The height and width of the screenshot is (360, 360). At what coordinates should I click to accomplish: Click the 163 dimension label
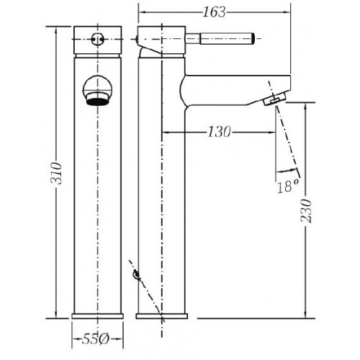click(215, 12)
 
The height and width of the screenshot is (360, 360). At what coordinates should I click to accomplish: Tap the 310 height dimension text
click(56, 173)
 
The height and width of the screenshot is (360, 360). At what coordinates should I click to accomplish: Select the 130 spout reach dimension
click(219, 132)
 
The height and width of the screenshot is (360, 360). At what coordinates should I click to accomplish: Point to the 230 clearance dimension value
click(306, 210)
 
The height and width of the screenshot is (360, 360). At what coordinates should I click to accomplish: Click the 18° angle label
click(288, 186)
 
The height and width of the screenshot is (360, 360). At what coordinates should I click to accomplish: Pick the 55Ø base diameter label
click(96, 339)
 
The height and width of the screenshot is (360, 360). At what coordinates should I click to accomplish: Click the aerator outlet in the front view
click(98, 99)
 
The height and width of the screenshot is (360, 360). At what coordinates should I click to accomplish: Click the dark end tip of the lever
click(253, 39)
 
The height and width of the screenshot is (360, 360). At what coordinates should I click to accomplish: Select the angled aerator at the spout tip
click(275, 99)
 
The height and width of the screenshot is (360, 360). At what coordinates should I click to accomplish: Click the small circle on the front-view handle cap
click(98, 39)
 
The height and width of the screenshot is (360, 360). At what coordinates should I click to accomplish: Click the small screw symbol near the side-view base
click(137, 275)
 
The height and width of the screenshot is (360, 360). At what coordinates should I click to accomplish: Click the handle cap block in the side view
click(161, 40)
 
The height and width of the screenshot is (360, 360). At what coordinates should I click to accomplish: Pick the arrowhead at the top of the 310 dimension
click(56, 30)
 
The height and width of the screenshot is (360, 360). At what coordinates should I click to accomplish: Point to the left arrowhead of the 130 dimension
click(166, 132)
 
